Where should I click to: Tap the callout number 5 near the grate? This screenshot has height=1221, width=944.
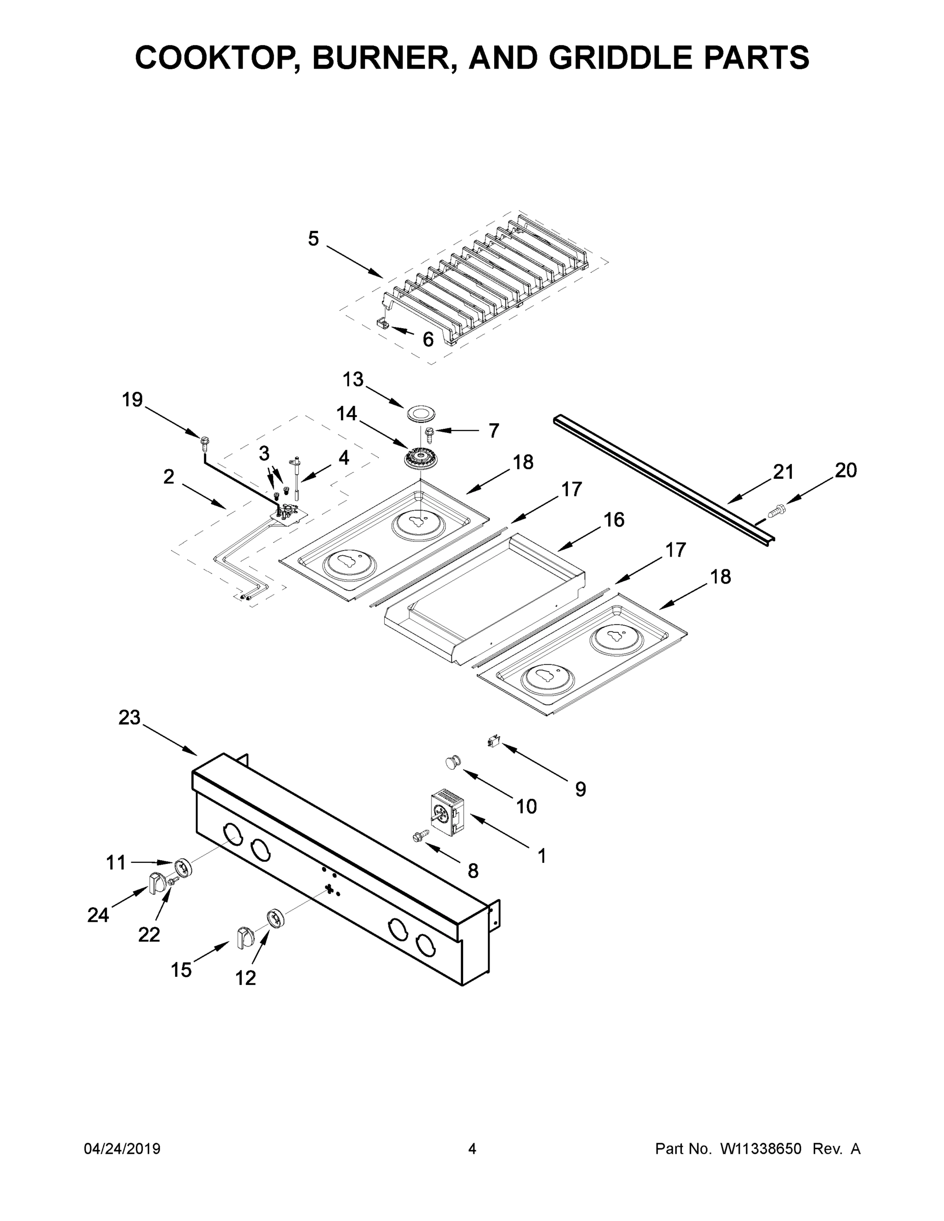313,239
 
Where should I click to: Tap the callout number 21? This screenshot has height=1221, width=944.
783,473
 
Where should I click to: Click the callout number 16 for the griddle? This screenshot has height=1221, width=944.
614,520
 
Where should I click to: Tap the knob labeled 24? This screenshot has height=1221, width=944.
157,883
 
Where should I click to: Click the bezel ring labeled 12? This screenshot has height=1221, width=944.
276,919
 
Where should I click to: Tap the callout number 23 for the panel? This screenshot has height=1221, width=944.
129,718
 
